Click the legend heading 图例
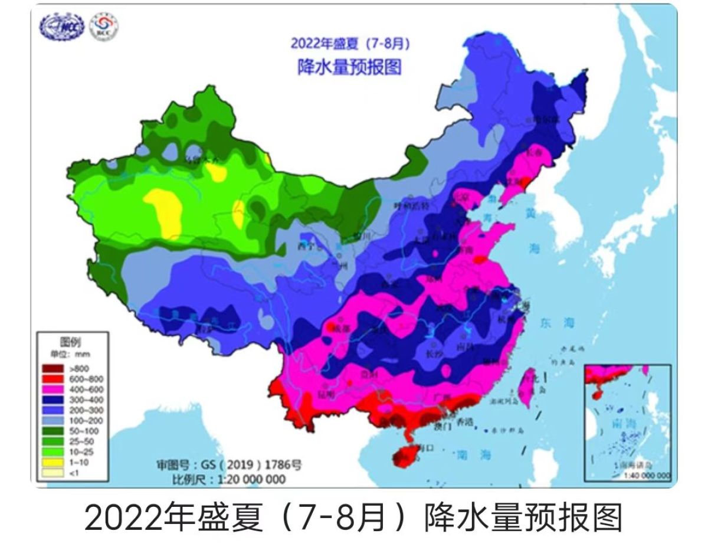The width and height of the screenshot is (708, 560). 70,342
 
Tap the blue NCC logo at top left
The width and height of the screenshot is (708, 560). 63,26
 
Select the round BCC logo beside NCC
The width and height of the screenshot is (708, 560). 104,26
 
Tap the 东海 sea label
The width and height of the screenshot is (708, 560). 556,323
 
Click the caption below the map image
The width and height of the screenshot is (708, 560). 353,519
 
